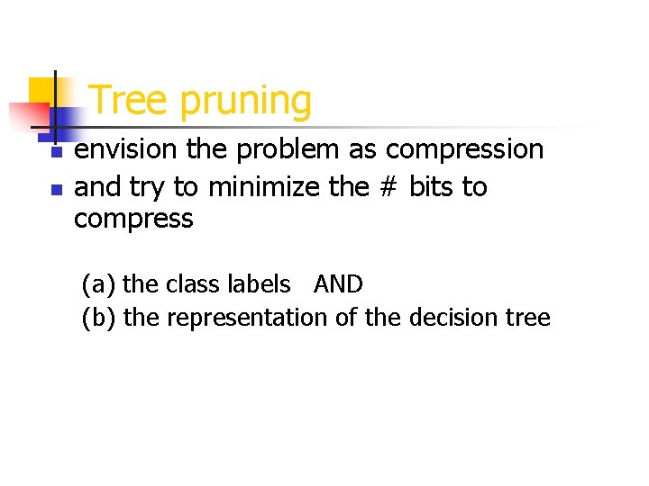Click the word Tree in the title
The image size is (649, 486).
[130, 101]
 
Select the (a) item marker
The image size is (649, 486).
[98, 285]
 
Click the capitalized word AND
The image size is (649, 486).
[338, 285]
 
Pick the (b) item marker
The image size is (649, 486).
[98, 318]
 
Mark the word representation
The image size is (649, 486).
[248, 319]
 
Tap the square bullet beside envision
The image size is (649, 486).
[56, 154]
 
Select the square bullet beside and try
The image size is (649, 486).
[56, 191]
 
